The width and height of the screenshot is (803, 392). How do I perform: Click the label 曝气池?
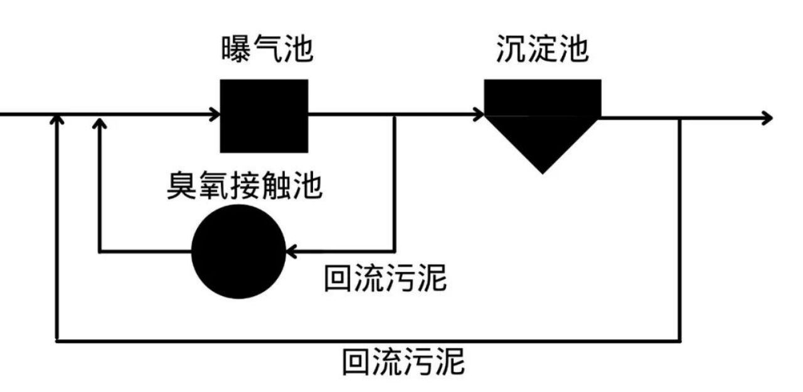coord(267,49)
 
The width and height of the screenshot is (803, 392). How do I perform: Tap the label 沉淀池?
coord(543,49)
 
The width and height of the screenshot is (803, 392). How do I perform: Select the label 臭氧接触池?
coord(244,185)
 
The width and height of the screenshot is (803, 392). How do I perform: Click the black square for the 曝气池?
coord(264,116)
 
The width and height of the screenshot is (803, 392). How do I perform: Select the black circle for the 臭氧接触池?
coord(238,252)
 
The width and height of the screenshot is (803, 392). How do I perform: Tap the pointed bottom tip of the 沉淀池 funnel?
coord(543,171)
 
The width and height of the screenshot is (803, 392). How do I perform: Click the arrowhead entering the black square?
coord(215,115)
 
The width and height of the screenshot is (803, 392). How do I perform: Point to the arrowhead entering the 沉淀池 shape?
coord(479,115)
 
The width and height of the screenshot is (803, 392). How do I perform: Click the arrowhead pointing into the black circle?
coord(290,252)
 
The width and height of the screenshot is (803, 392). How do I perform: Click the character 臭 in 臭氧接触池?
coord(181,185)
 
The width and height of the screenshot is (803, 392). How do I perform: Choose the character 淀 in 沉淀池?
coord(543,49)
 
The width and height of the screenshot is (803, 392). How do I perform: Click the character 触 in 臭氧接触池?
coord(275,185)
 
